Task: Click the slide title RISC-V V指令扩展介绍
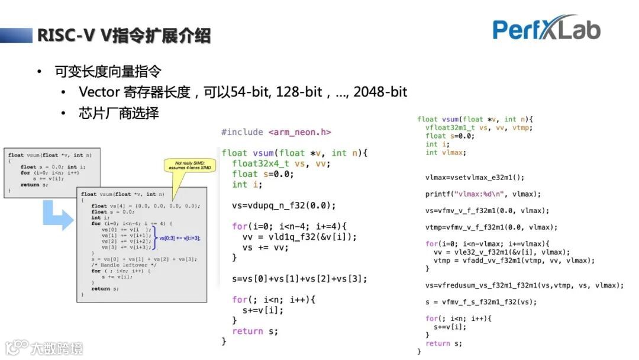(x=124, y=36)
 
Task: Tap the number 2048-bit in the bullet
(x=380, y=92)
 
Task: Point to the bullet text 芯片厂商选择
(x=119, y=112)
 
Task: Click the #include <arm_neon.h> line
(x=276, y=133)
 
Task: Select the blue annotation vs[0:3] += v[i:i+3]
(x=180, y=238)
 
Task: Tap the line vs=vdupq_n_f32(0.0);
(x=284, y=205)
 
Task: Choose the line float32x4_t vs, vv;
(x=281, y=163)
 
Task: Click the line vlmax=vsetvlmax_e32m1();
(x=475, y=177)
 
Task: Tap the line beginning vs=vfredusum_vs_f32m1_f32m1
(x=524, y=285)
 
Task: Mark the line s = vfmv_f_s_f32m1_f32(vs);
(x=481, y=302)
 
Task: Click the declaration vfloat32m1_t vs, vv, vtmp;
(x=479, y=127)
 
